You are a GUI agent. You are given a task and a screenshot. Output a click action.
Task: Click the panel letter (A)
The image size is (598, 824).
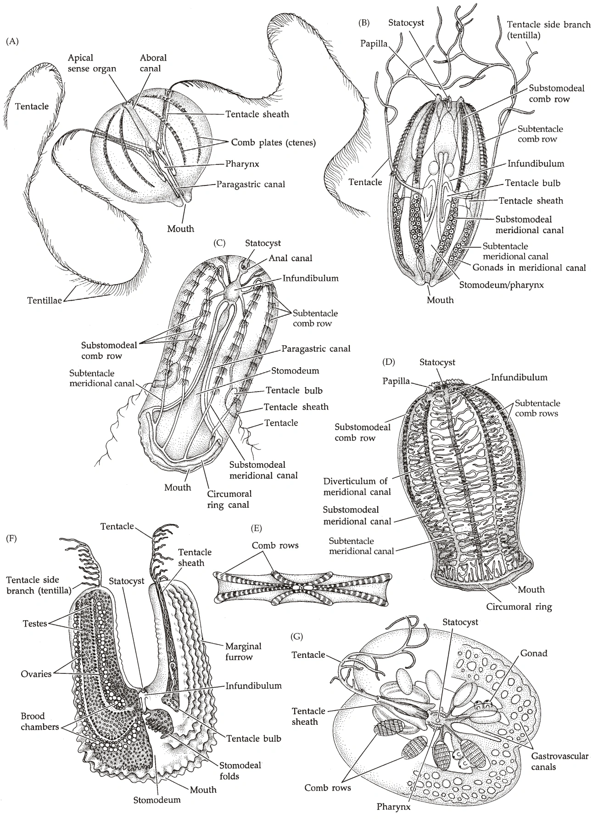pos(12,42)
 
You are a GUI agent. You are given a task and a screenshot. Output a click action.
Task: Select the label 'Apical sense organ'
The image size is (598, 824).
pos(91,63)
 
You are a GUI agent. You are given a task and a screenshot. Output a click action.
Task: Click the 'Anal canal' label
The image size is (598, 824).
pos(290,258)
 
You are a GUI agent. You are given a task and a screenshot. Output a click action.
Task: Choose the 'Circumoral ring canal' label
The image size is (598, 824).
pos(229,499)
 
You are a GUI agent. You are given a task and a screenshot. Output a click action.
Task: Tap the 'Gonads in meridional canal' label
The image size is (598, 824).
pos(529,267)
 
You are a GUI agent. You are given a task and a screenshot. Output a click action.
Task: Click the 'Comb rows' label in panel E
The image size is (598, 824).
pos(275,545)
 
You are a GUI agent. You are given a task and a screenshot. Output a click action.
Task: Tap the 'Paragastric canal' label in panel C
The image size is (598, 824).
pos(316,349)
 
